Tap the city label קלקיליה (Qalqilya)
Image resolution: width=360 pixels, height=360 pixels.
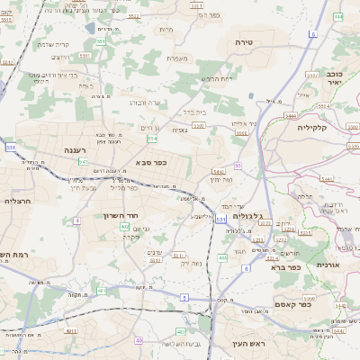click(x=317, y=128)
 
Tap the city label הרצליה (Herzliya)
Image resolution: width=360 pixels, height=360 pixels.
click(x=18, y=201)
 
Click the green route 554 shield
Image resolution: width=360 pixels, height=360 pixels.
click(x=153, y=139)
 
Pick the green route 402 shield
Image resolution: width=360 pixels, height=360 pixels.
click(x=125, y=227)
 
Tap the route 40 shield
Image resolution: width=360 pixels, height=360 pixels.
click(x=139, y=340)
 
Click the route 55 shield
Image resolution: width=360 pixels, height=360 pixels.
click(x=238, y=166)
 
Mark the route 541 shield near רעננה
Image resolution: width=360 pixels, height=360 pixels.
click(x=83, y=162)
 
